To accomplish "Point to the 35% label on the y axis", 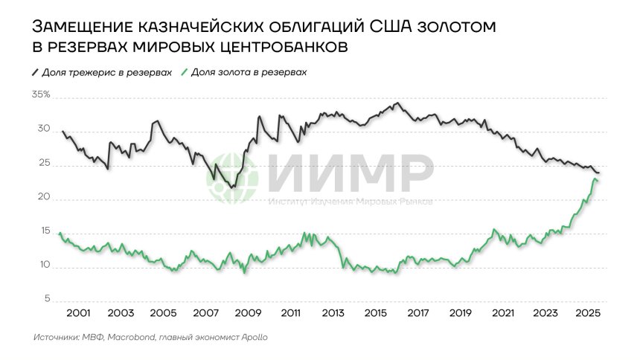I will coord(41,94).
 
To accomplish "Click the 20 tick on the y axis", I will coord(45,198).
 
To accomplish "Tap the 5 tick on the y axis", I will coord(47,300).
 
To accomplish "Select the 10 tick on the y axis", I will coord(45,266).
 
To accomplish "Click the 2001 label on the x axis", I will coord(78,313).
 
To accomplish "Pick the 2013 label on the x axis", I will coord(333,313).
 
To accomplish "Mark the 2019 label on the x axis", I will coord(461,313).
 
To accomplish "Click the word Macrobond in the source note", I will coord(132,337).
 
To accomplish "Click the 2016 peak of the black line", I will coord(398,103).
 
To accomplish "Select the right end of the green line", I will coord(598,181).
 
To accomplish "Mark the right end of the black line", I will coord(599,173).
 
